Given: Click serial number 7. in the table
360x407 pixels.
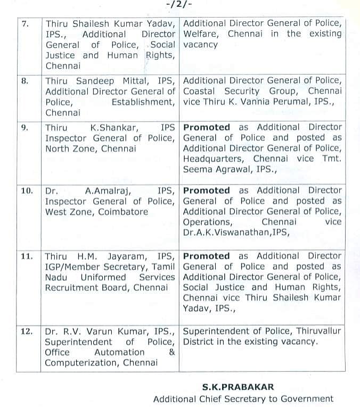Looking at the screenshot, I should coord(25,24).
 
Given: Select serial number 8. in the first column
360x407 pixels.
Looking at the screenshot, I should coord(25,81).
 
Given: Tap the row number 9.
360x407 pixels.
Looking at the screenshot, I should coord(25,128).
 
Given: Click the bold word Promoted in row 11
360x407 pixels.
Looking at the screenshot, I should coord(207,256).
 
